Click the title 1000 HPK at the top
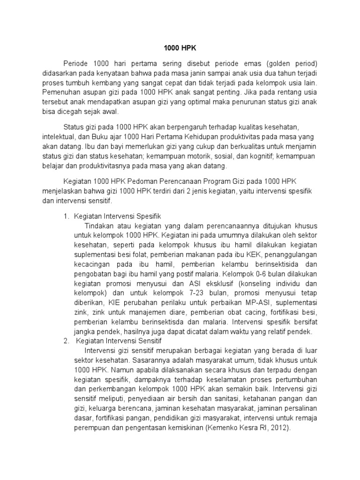click(180, 48)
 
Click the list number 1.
click(66, 216)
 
